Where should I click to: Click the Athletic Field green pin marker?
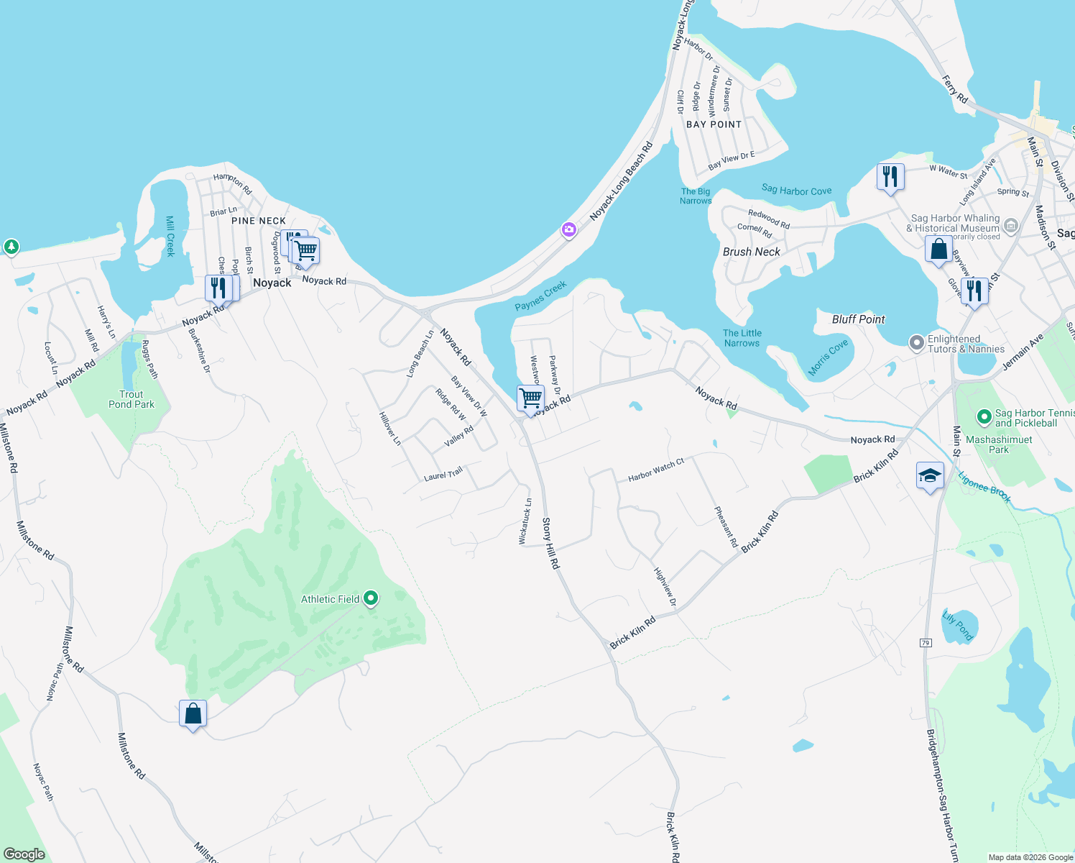coord(371,598)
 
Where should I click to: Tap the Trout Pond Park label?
coord(132,399)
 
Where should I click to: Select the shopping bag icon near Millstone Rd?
coord(193,713)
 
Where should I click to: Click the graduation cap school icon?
coord(930,476)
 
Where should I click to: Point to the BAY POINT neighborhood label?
coord(714,124)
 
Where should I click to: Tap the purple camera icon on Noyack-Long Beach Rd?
coord(569,230)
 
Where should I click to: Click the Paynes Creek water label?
coord(541,296)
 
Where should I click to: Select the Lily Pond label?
coord(958,626)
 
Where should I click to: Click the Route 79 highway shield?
coord(926,643)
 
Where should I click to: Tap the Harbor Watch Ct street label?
coord(655,470)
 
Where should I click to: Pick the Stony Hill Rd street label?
coord(550,543)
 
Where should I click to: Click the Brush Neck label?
coord(751,252)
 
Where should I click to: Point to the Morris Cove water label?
coord(828,357)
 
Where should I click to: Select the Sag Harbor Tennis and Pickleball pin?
coord(984,416)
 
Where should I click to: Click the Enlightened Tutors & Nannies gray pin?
coord(917,343)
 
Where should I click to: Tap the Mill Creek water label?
coord(170,236)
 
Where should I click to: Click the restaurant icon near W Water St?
coord(890,176)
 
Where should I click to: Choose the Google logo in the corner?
coord(24,854)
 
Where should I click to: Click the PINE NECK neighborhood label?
coord(259,221)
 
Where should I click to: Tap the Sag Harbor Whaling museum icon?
coord(1011,226)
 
